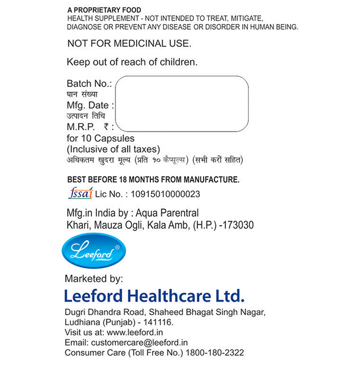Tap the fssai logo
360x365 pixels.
[x=80, y=193]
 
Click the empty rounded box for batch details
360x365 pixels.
[x=182, y=103]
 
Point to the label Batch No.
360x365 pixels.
[x=89, y=84]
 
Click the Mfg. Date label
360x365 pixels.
[x=90, y=105]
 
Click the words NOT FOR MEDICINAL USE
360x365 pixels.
[x=129, y=44]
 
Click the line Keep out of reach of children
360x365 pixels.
[x=132, y=62]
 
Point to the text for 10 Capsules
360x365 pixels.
[x=100, y=139]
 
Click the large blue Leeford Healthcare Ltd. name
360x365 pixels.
[x=154, y=296]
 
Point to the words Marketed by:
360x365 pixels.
[x=93, y=278]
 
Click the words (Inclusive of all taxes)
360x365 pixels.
[x=113, y=149]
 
